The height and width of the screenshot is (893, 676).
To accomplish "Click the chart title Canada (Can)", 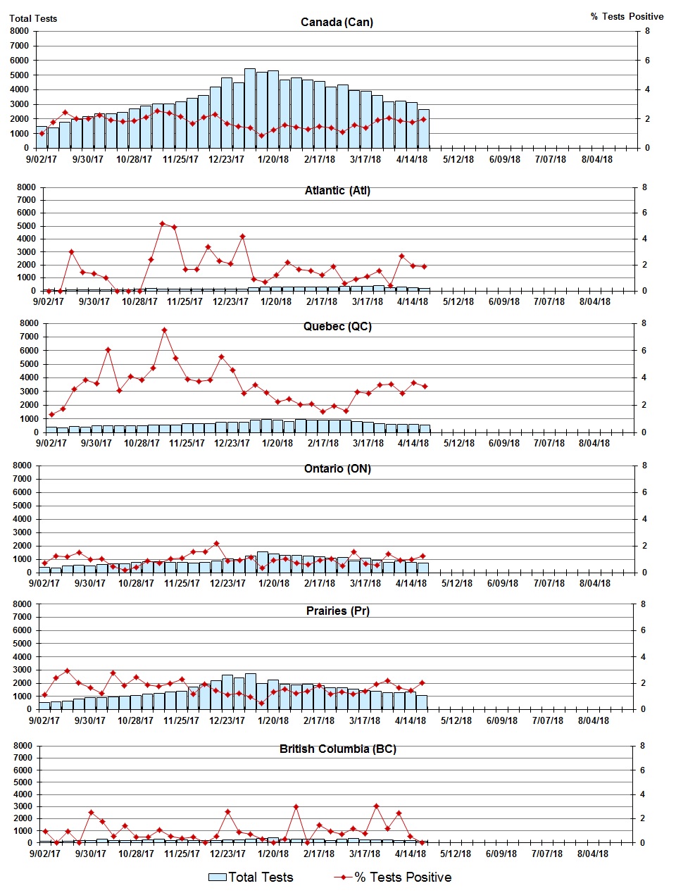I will (x=337, y=22).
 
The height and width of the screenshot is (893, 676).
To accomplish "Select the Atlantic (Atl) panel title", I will (x=337, y=191).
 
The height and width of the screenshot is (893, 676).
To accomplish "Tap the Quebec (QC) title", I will (x=337, y=327).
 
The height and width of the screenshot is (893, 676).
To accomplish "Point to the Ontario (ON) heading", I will (x=337, y=469).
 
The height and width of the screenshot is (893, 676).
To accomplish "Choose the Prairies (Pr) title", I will (x=337, y=611).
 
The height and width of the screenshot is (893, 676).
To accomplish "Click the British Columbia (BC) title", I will (x=337, y=749).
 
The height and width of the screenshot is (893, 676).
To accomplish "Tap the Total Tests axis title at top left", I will (x=33, y=18).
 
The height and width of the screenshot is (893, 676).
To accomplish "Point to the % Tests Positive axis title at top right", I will (x=627, y=17).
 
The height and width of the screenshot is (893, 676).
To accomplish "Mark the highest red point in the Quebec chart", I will (x=164, y=330).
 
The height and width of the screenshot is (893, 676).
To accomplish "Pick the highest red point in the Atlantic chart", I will (x=162, y=223).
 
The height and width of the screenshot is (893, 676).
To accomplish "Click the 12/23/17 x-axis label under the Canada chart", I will (x=226, y=159).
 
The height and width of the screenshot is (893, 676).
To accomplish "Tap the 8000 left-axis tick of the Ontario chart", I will (x=22, y=466).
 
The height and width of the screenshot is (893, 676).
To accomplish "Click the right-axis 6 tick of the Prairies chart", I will (x=642, y=630).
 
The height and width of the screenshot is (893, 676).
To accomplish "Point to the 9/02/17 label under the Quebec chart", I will (x=51, y=443).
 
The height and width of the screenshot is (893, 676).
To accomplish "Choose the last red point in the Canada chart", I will (x=423, y=119).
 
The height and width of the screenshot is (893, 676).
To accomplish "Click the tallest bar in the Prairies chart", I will (x=250, y=691).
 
